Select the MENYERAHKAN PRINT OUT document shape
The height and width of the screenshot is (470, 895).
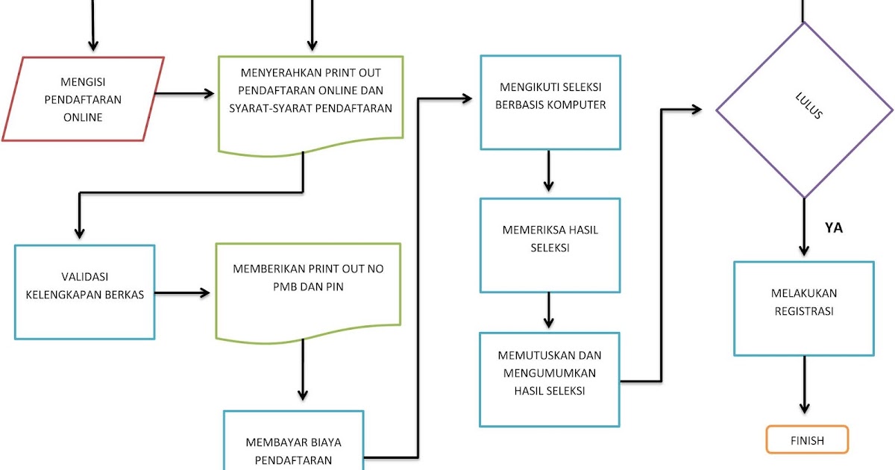pyautogui.click(x=311, y=101)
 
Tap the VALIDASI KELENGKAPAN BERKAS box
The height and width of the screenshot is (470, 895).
pyautogui.click(x=84, y=292)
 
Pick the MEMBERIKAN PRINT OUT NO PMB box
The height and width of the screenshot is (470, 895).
pyautogui.click(x=308, y=287)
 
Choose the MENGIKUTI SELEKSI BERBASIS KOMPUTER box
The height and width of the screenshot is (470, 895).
pyautogui.click(x=550, y=102)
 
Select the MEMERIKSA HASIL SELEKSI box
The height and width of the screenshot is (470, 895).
pyautogui.click(x=550, y=245)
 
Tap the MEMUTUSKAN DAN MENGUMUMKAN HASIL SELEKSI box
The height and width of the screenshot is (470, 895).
pyautogui.click(x=550, y=378)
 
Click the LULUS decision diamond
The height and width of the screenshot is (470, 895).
pyautogui.click(x=804, y=110)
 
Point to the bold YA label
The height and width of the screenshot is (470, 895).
pyautogui.click(x=833, y=228)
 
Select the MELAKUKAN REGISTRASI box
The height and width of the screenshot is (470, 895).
pyautogui.click(x=804, y=308)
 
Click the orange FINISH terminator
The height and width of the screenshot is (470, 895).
pyautogui.click(x=807, y=439)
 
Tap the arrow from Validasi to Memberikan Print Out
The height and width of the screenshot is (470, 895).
pyautogui.click(x=182, y=293)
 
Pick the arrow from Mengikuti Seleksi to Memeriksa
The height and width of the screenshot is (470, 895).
pyautogui.click(x=549, y=172)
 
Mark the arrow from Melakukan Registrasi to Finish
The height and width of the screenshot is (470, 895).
pyautogui.click(x=804, y=384)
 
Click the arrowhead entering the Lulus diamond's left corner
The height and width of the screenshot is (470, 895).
pyautogui.click(x=696, y=110)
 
